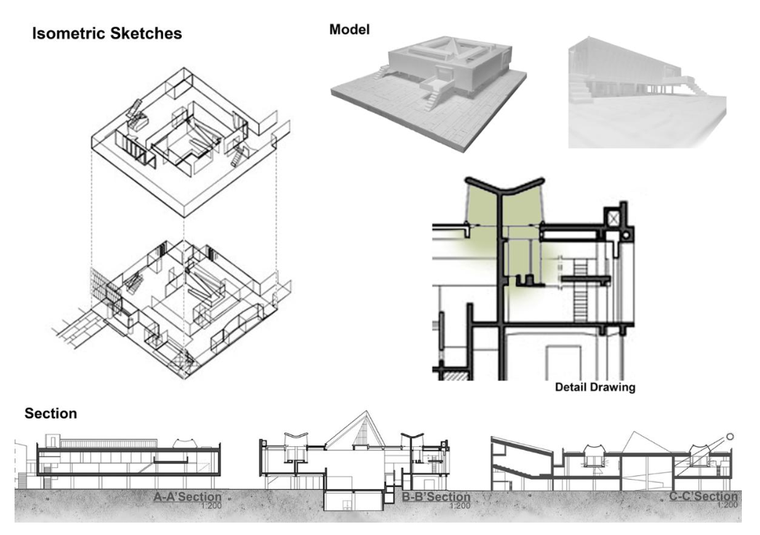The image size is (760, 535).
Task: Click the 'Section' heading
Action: (x=51, y=413)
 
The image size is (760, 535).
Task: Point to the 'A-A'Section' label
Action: (x=187, y=497)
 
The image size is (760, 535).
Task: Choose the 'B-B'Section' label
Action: (x=436, y=497)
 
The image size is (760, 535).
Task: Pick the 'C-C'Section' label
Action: (x=703, y=497)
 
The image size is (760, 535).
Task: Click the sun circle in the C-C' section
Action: (x=731, y=437)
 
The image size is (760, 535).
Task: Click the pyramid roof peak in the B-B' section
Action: (x=346, y=429)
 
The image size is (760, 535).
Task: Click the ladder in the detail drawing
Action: (x=580, y=298)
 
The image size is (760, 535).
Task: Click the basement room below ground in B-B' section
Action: (x=350, y=502)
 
